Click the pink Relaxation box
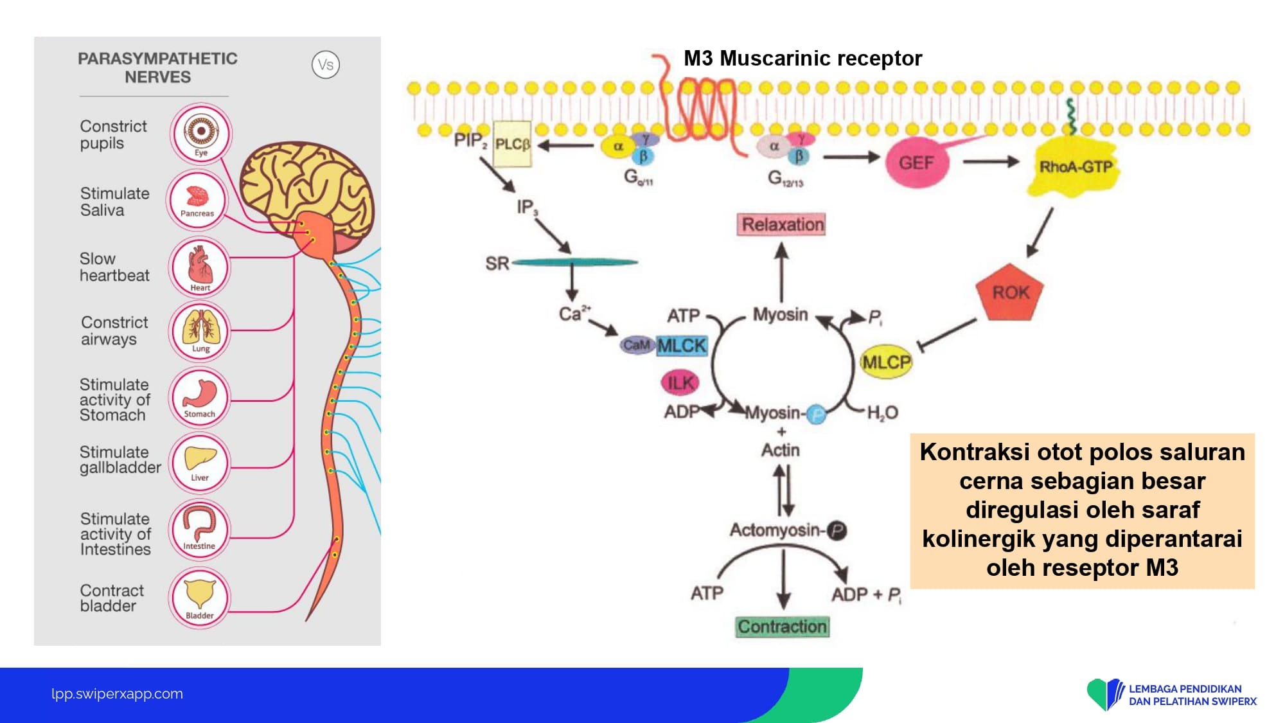(x=781, y=224)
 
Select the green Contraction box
(x=782, y=627)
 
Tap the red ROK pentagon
(x=1009, y=292)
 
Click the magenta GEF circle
(x=916, y=163)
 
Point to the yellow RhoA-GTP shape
(x=1075, y=167)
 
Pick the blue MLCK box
(x=682, y=346)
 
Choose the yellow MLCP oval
(x=886, y=362)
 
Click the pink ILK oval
(x=680, y=383)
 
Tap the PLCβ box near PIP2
(x=512, y=144)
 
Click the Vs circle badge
(x=326, y=65)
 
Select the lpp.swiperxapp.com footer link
(x=117, y=693)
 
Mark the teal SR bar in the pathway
(x=574, y=262)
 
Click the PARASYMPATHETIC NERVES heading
(x=157, y=67)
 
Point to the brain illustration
(x=305, y=190)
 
